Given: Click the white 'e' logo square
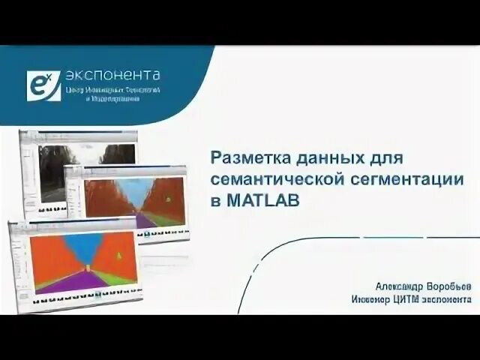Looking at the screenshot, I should coord(43,85).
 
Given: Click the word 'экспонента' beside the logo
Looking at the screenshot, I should coord(112,75).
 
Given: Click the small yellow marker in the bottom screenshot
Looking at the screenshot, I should coord(118,255).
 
